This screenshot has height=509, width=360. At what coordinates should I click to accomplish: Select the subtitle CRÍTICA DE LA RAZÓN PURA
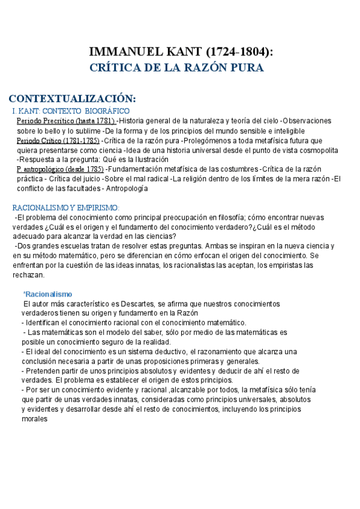tap(176, 68)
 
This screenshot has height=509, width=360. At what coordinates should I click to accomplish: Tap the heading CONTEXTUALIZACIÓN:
tap(72, 98)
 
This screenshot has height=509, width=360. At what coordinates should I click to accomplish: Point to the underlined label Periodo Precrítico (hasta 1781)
tap(66, 121)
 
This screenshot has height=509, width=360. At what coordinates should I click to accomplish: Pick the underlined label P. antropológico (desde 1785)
tap(60, 170)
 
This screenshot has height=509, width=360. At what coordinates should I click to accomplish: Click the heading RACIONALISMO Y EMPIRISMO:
tap(66, 207)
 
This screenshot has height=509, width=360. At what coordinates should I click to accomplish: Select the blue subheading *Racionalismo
tap(47, 294)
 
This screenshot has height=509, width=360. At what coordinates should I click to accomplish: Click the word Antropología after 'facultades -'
tap(127, 188)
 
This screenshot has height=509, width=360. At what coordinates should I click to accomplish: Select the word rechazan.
tap(29, 274)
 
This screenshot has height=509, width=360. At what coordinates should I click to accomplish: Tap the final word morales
tap(34, 418)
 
